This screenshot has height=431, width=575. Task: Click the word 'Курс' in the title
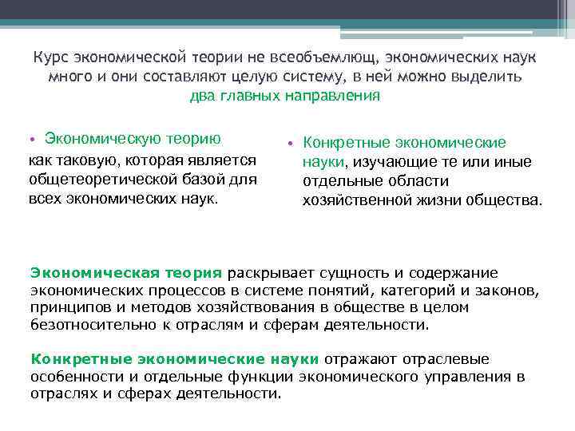(50, 58)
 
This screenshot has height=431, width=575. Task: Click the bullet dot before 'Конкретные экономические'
(291, 144)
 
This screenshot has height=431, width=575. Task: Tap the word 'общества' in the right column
(501, 200)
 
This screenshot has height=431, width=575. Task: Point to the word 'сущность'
(347, 273)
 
